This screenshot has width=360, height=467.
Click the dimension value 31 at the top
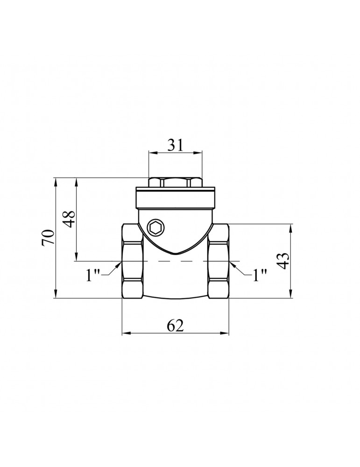[175, 145]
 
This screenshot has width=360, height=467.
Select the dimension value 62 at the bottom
[175, 326]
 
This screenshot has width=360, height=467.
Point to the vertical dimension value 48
[69, 219]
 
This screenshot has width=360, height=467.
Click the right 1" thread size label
[260, 275]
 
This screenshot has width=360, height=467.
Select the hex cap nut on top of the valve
[175, 182]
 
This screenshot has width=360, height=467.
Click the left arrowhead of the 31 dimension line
[151, 152]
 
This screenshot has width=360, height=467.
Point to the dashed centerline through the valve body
[175, 261]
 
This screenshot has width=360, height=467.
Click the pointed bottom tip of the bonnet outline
[175, 254]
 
